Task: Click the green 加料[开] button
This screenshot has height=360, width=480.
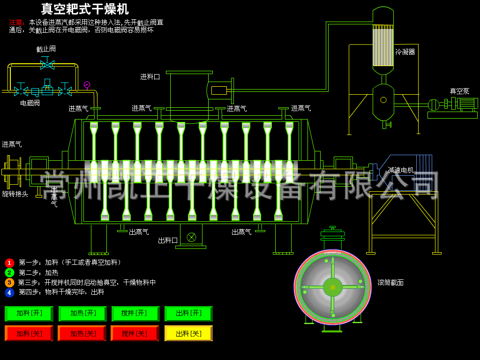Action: coord(29,313)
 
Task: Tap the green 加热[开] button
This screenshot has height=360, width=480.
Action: coord(82,313)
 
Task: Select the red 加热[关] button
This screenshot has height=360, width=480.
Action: coord(82,333)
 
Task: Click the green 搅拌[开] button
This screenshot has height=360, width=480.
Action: coord(135,313)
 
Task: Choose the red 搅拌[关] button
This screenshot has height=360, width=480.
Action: coord(135,333)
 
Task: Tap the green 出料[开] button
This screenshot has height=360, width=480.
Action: coord(188,313)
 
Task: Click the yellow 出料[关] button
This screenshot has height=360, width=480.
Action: coord(188,333)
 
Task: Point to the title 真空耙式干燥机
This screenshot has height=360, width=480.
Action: coord(85,9)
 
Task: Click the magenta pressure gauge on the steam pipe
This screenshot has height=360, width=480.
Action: coord(87,85)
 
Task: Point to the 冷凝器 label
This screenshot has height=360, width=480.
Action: coord(405,52)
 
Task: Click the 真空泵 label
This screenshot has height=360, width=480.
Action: coord(459,91)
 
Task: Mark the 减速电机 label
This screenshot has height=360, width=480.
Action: coord(401,170)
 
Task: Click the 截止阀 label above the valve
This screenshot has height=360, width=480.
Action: coord(46,49)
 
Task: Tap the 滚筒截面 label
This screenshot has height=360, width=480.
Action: coord(390,283)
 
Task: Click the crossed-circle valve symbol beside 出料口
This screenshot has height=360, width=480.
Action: coord(191,237)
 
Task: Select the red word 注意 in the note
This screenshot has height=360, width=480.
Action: coord(16,22)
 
